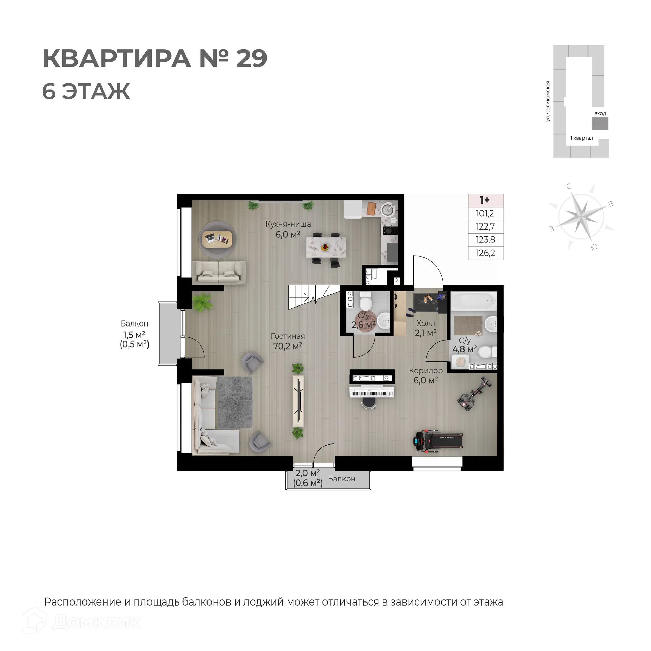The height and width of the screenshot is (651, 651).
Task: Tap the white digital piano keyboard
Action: [x=372, y=393]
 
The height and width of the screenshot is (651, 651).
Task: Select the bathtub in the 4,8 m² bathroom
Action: [x=474, y=300]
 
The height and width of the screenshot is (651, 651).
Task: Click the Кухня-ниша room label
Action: [x=288, y=224]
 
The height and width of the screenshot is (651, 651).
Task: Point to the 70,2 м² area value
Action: [x=288, y=346]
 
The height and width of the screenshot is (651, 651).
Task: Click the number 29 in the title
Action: [x=252, y=59]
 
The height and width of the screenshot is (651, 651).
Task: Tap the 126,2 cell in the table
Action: [x=485, y=253]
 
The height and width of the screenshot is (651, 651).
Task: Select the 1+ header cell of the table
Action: [x=485, y=200]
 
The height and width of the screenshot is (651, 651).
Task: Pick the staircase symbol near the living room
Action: [x=314, y=297]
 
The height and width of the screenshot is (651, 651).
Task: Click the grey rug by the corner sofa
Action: [x=235, y=402]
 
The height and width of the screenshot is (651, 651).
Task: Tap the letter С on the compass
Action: [x=569, y=186]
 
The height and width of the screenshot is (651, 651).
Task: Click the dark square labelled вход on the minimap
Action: [x=600, y=123]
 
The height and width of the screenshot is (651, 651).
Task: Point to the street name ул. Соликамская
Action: [x=548, y=101]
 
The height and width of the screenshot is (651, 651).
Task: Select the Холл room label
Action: [x=426, y=323]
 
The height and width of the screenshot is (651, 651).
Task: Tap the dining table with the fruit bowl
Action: [x=326, y=247]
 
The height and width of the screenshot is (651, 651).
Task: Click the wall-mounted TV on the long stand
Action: [x=299, y=401]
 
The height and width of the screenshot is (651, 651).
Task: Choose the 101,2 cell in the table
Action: [x=485, y=214]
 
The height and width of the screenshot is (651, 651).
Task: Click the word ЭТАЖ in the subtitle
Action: [x=96, y=92]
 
